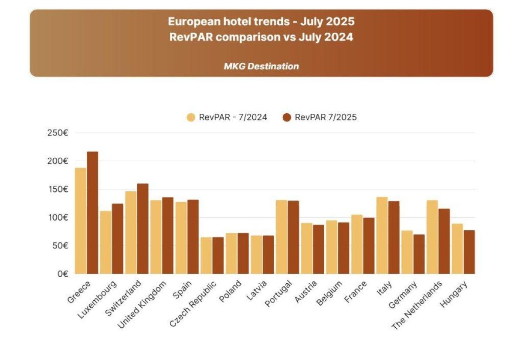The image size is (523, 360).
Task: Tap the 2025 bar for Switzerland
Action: coord(143,228)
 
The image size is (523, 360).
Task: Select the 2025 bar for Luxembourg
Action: coord(118,238)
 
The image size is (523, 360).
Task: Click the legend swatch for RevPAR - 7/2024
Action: coord(191,117)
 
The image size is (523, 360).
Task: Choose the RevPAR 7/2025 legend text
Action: coord(326,117)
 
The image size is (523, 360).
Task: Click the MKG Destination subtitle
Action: coord(261,66)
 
